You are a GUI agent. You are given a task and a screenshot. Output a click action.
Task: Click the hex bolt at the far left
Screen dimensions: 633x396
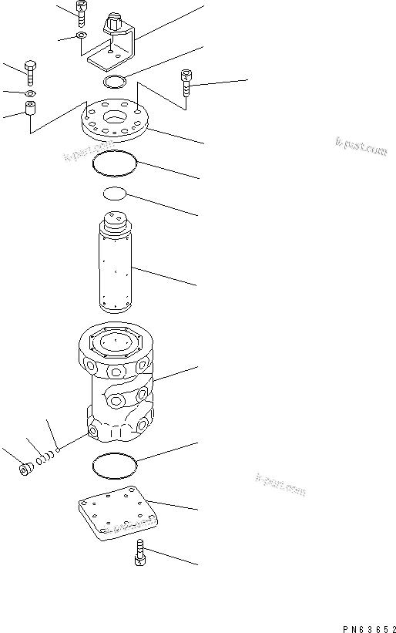point(30,72)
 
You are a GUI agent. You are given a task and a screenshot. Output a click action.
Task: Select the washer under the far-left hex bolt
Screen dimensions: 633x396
point(29,93)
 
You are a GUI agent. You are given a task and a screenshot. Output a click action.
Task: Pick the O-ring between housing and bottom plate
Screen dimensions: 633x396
point(114,465)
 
